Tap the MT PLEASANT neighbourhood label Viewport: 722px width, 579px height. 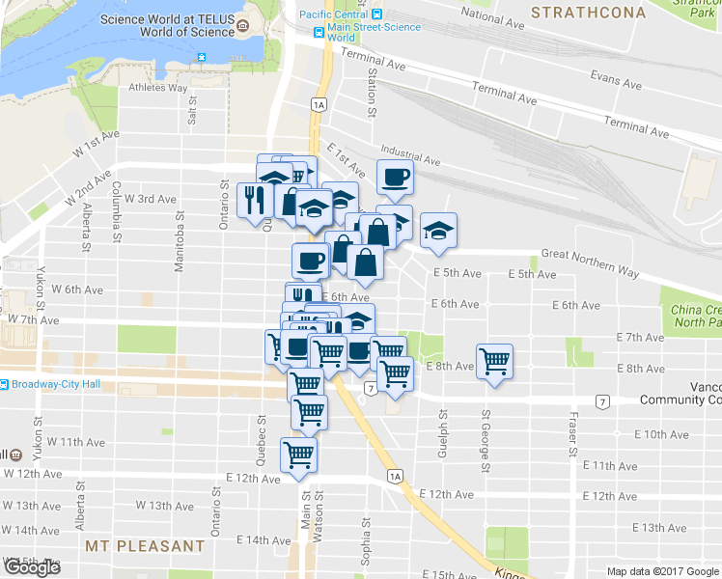(x=146, y=546)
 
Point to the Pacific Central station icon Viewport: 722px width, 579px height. (x=377, y=14)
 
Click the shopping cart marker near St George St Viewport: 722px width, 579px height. (x=495, y=362)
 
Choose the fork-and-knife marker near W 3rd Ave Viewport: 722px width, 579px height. (x=254, y=200)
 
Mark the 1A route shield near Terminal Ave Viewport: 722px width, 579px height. (x=319, y=103)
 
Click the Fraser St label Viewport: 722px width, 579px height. (x=573, y=435)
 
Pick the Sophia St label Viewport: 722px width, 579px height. (x=366, y=540)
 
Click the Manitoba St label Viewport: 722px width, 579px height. (x=179, y=246)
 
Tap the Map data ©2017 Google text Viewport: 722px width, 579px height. (x=662, y=571)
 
